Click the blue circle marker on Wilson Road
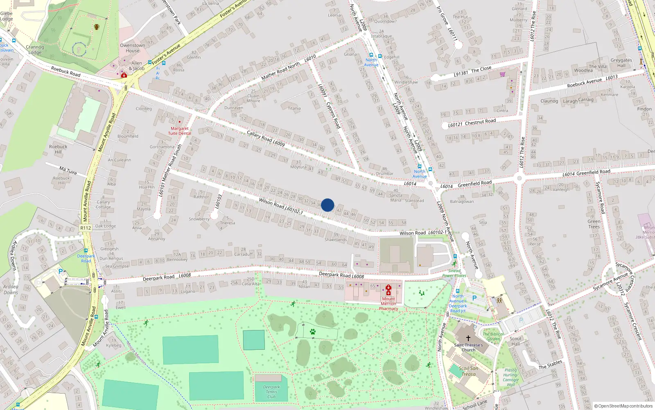(327, 205)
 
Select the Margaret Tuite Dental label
(179, 131)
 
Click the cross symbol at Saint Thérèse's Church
(468, 338)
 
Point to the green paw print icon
(313, 332)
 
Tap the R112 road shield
(86, 228)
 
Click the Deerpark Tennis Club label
(271, 392)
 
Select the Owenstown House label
(132, 48)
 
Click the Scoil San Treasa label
(468, 371)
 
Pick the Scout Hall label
(516, 341)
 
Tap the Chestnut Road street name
(480, 122)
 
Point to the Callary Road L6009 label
(266, 139)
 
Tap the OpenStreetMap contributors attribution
(623, 406)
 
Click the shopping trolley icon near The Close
(502, 74)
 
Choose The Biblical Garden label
(493, 336)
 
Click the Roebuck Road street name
(65, 71)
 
